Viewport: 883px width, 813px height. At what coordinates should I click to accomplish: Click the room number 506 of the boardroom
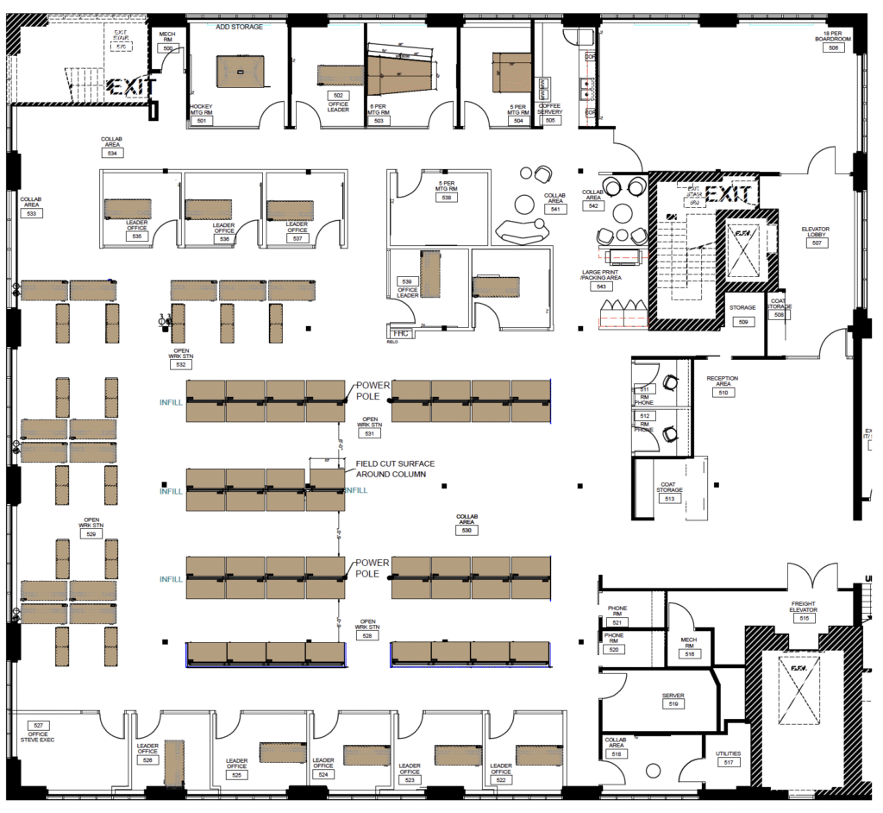[833, 48]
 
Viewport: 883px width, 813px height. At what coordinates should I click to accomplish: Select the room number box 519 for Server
[673, 704]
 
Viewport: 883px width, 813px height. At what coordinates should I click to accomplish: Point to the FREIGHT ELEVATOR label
[803, 607]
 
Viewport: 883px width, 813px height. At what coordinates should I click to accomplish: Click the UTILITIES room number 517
[728, 763]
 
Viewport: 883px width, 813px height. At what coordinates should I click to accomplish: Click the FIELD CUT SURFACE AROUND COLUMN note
[395, 469]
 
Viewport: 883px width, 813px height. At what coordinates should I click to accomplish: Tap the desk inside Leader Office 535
[126, 209]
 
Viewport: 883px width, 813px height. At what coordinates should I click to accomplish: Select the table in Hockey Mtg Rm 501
[239, 70]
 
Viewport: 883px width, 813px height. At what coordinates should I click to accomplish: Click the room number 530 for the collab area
[467, 531]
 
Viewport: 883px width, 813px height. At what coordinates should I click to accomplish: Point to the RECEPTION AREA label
[723, 381]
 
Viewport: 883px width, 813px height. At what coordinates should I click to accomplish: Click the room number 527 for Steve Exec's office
[38, 726]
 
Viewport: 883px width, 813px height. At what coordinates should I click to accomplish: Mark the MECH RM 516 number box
[689, 653]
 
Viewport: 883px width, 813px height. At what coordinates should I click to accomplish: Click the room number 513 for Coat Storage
[669, 498]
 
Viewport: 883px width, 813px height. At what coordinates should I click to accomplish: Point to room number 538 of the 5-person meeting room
[446, 197]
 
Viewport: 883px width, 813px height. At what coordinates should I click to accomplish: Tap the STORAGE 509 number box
[742, 321]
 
